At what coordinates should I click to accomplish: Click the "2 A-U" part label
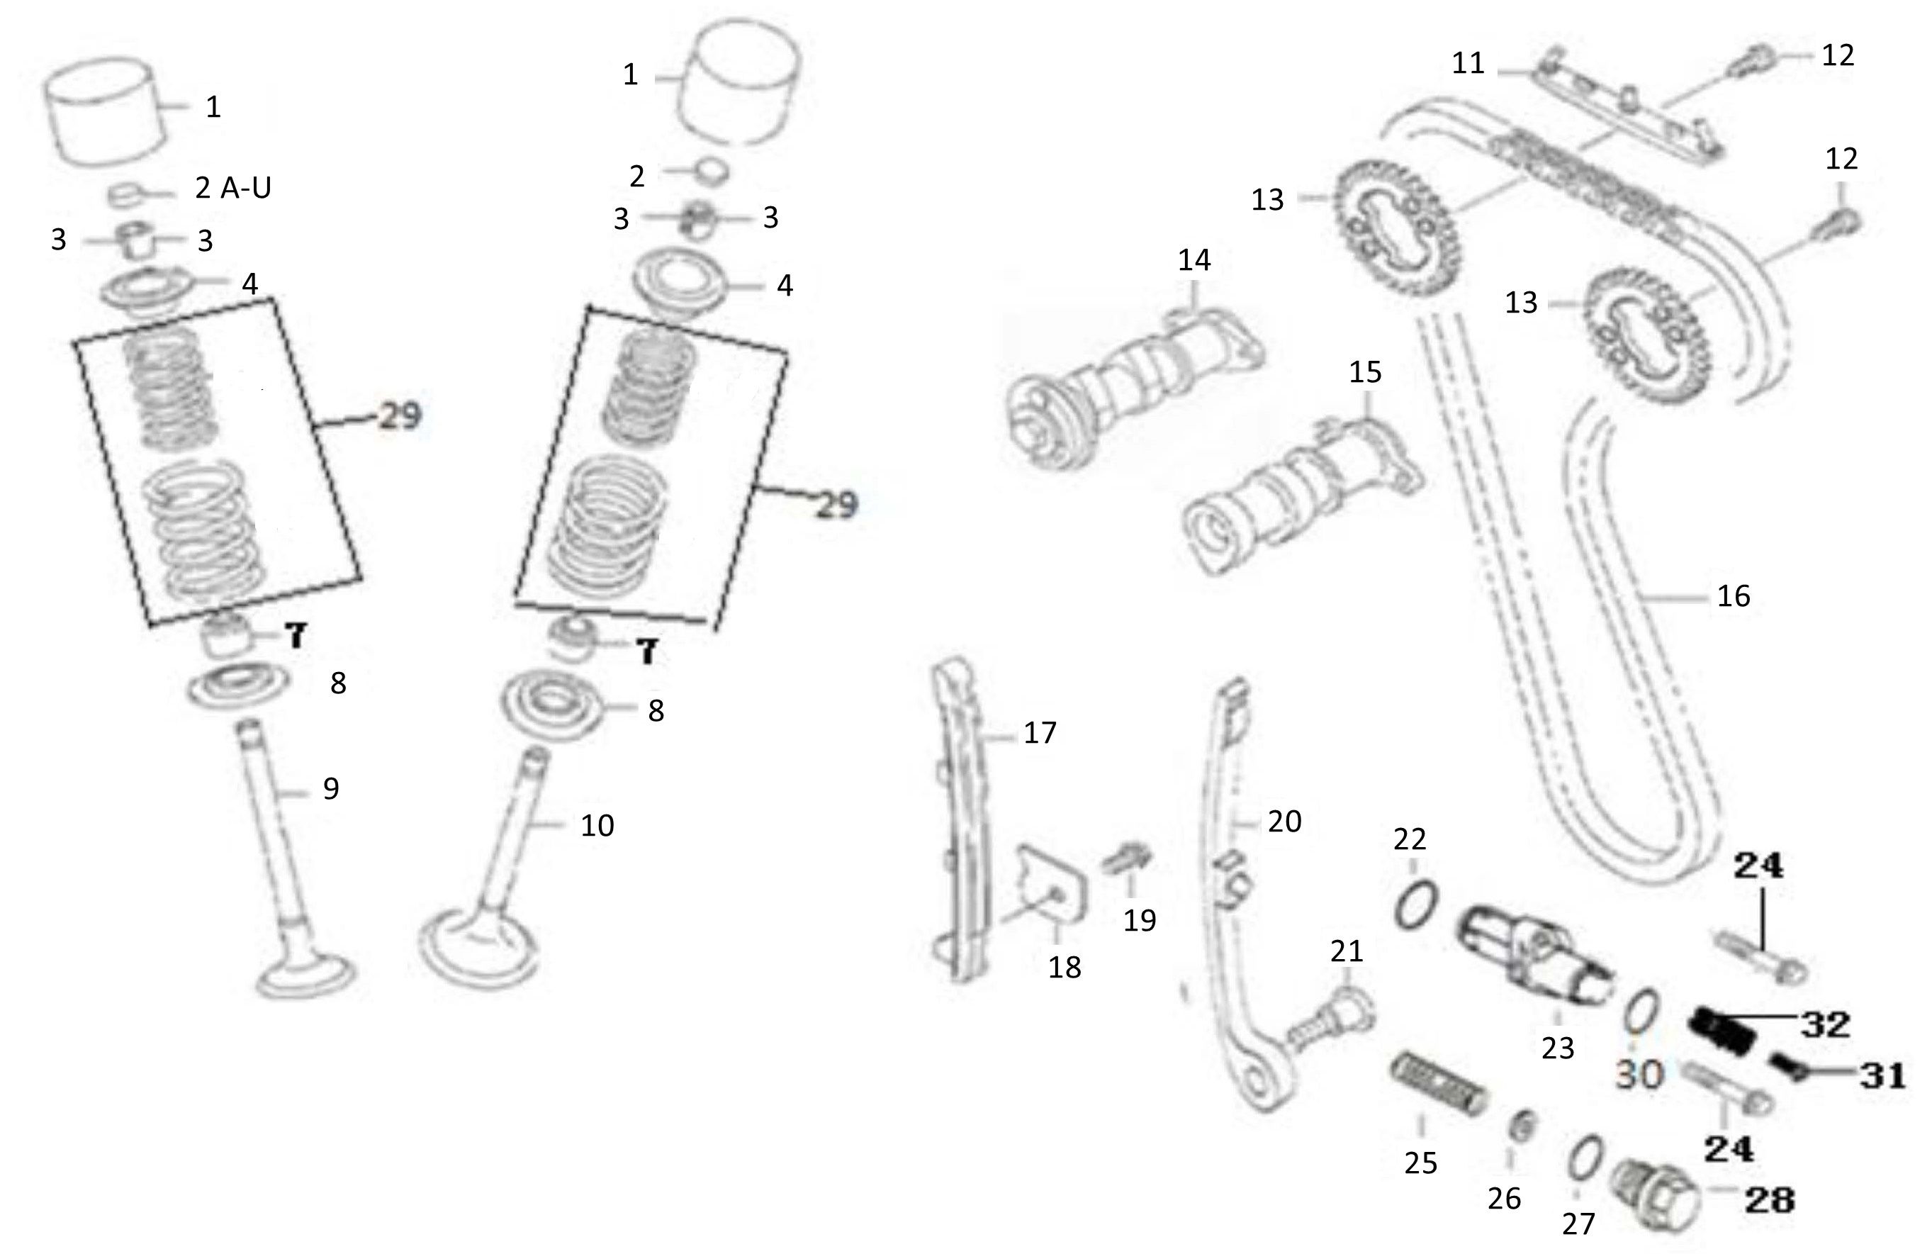point(233,189)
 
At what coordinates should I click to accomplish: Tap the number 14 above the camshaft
point(1194,261)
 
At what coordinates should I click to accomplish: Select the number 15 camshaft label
point(1364,373)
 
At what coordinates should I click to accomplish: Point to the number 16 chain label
point(1733,597)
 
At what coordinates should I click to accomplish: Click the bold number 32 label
point(1826,1025)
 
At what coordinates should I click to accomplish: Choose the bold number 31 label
point(1882,1076)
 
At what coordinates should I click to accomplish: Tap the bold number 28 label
point(1770,1199)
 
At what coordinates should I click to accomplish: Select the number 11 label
point(1468,63)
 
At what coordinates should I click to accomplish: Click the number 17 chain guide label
point(1040,732)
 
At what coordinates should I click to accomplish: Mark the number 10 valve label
point(597,826)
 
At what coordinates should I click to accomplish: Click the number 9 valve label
point(331,788)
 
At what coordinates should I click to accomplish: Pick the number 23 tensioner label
point(1558,1048)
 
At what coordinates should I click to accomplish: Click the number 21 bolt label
point(1347,951)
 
